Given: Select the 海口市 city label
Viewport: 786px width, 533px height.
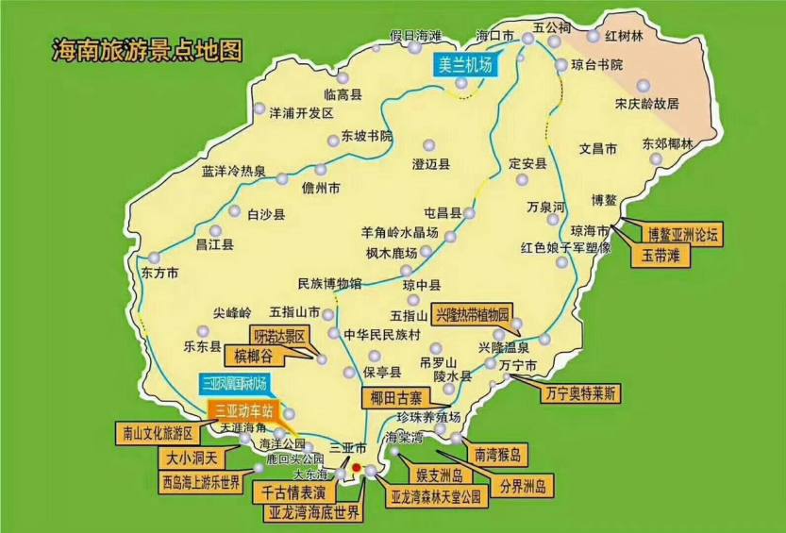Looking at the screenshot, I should [495, 36].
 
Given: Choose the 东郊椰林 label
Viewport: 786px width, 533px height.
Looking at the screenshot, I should [667, 144].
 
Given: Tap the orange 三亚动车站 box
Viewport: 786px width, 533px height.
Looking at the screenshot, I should [243, 409].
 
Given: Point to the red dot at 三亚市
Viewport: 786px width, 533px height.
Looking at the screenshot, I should [356, 466].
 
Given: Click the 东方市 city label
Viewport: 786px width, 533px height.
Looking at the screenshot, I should [159, 273].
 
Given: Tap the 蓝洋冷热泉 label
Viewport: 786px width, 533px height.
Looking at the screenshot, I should [233, 172].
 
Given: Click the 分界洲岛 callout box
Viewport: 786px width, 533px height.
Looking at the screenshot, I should [528, 487].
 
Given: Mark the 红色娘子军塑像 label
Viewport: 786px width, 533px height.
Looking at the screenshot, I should [566, 248].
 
